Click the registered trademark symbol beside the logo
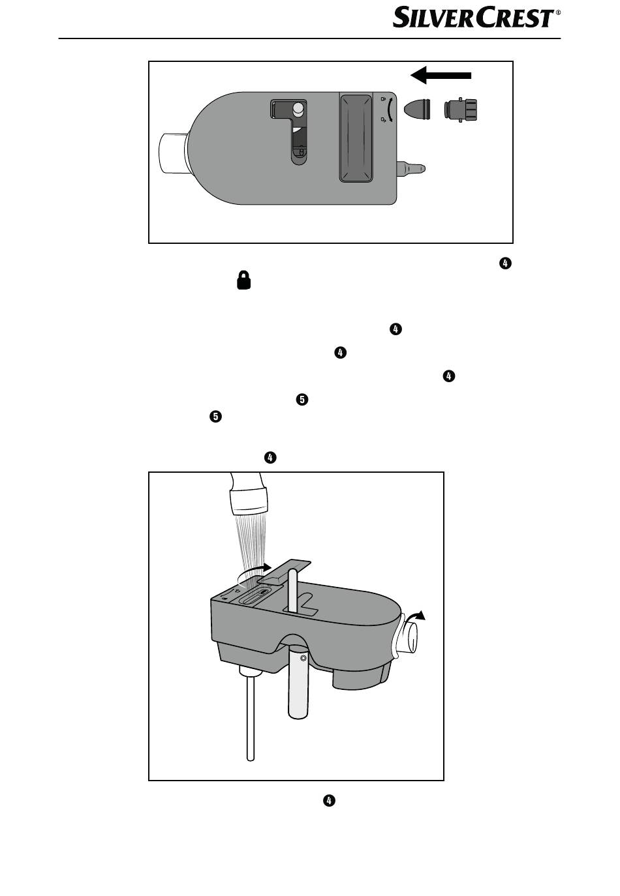[558, 12]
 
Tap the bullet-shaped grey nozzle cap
[416, 109]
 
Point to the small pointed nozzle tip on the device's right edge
[413, 168]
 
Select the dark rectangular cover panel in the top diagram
[356, 138]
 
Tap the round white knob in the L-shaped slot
[298, 109]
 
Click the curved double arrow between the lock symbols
[390, 110]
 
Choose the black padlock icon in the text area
[243, 281]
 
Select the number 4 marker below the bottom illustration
[329, 800]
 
